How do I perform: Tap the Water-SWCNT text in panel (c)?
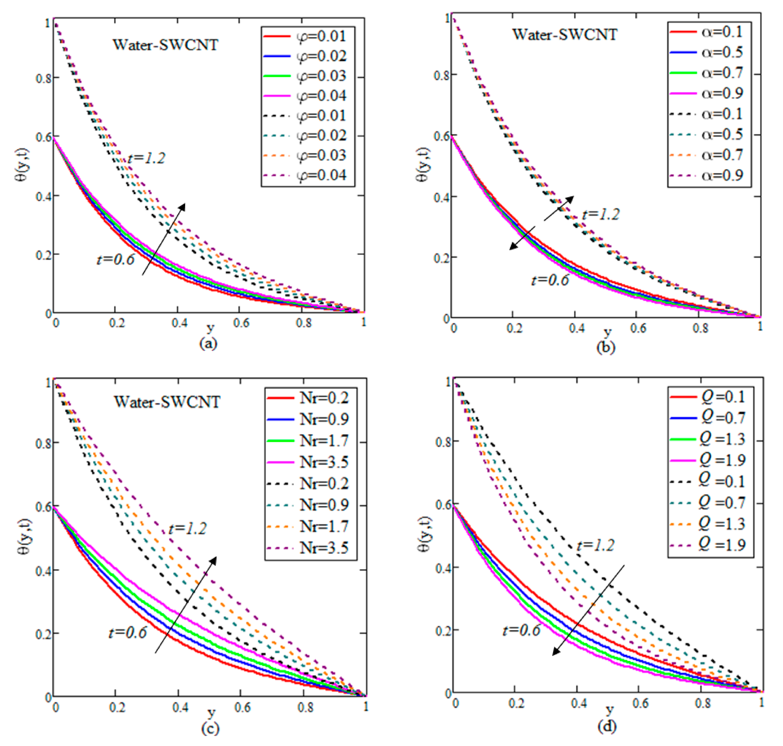click(167, 402)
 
